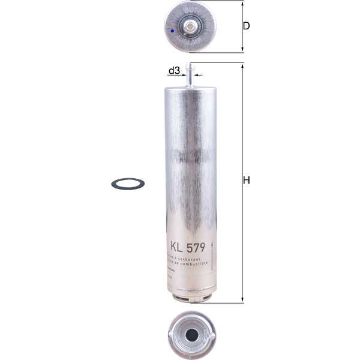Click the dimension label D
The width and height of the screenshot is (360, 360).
point(246,26)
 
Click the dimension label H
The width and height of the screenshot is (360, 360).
point(246,181)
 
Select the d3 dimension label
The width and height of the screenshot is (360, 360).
point(174,71)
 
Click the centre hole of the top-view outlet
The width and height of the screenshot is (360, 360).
point(190,26)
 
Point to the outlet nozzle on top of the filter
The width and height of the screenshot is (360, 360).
point(190,75)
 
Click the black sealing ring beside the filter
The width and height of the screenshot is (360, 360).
point(128,183)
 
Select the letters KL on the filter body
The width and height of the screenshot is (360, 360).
point(176,246)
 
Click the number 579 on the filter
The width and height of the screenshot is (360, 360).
point(197,246)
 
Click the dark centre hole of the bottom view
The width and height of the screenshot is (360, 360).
point(191,335)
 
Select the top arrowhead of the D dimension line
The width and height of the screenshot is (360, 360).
point(242,3)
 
